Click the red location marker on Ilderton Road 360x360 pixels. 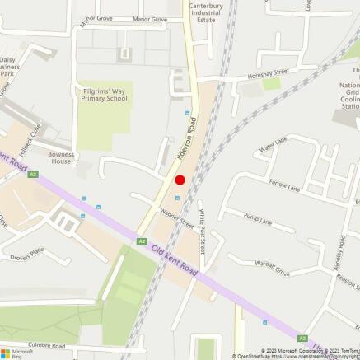(x=180, y=180)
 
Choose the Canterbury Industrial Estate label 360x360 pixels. (x=206, y=12)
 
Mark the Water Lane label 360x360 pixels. (x=273, y=147)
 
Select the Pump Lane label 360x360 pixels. (x=257, y=218)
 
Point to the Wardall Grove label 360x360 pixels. (x=272, y=268)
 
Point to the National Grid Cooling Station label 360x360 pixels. (x=352, y=89)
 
